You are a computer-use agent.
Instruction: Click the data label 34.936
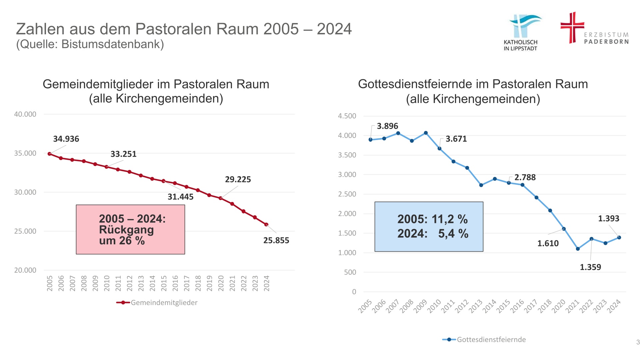(66, 139)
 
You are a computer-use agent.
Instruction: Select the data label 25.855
(276, 240)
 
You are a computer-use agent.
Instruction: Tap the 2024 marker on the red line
(266, 225)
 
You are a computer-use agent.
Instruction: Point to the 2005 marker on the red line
(49, 154)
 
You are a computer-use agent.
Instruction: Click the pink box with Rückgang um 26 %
(130, 229)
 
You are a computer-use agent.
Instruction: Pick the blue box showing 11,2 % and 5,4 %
(429, 226)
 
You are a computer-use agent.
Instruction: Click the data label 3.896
(387, 126)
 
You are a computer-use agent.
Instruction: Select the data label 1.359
(590, 267)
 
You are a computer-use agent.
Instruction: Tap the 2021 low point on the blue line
(578, 249)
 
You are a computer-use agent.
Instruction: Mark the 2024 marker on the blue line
(619, 238)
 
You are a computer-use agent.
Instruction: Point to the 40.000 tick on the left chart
(25, 114)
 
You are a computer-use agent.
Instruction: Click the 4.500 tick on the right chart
(347, 116)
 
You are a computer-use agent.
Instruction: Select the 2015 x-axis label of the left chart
(164, 283)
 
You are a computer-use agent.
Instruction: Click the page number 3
(638, 342)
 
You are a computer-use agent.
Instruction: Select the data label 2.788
(525, 177)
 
